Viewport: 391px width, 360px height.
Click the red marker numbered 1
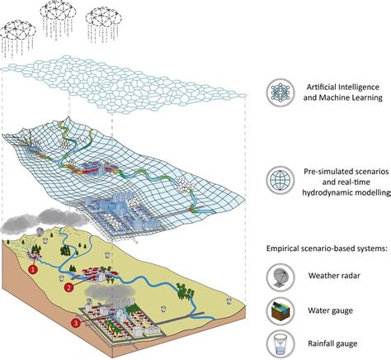pos(33,268)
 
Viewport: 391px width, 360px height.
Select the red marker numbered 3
pos(76,322)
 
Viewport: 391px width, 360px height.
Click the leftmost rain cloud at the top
pos(19,30)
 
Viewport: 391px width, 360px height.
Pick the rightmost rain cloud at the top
pos(103,21)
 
